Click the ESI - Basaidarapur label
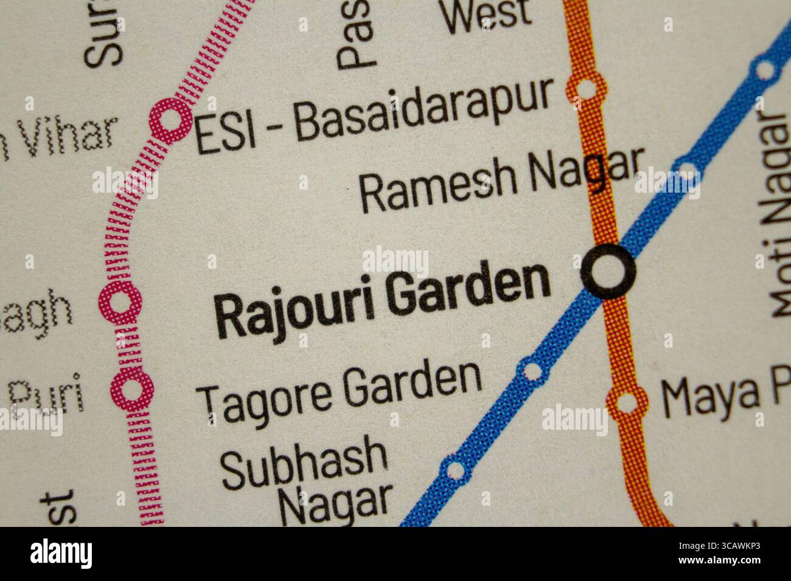pyautogui.click(x=374, y=119)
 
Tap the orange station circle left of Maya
pyautogui.click(x=626, y=402)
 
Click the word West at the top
pyautogui.click(x=487, y=15)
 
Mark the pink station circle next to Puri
pyautogui.click(x=131, y=388)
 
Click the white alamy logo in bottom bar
pyautogui.click(x=61, y=553)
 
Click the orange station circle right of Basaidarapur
pyautogui.click(x=586, y=88)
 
